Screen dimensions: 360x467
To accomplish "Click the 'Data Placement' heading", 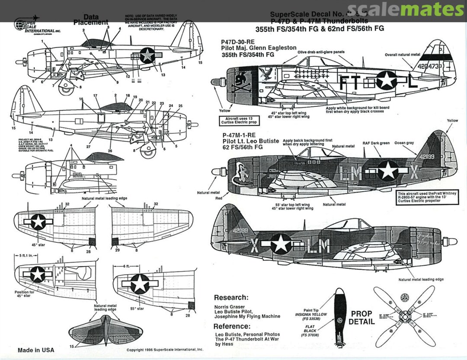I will tap(90, 20).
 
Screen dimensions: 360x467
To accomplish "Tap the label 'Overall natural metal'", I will tap(403, 55).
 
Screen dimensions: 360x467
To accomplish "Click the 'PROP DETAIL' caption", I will tap(361, 318).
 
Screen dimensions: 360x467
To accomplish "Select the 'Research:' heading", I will tap(231, 298).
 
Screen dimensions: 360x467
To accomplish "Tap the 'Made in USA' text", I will tap(36, 350).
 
